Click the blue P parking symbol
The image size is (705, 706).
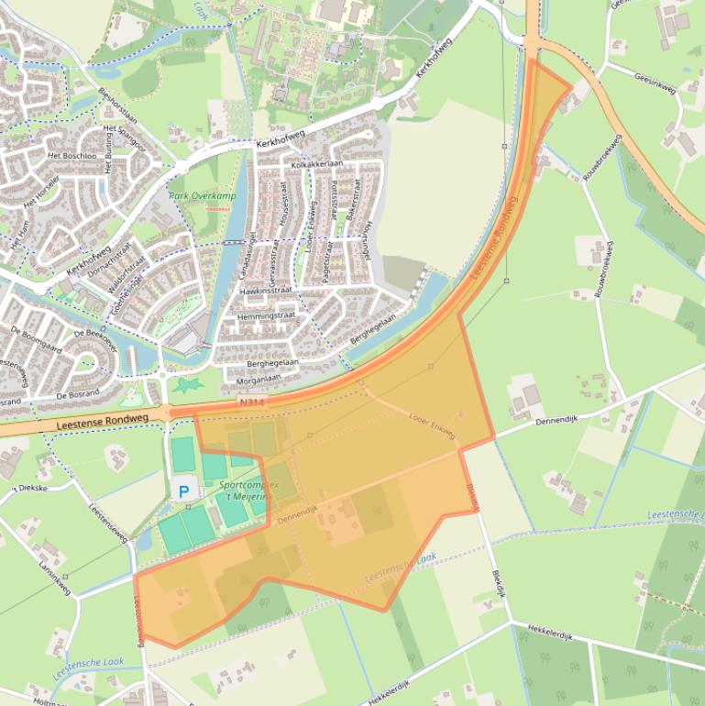(183, 491)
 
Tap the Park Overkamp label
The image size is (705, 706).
(197, 195)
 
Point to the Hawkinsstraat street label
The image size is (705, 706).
(266, 290)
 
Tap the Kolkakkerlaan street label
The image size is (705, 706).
(316, 163)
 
